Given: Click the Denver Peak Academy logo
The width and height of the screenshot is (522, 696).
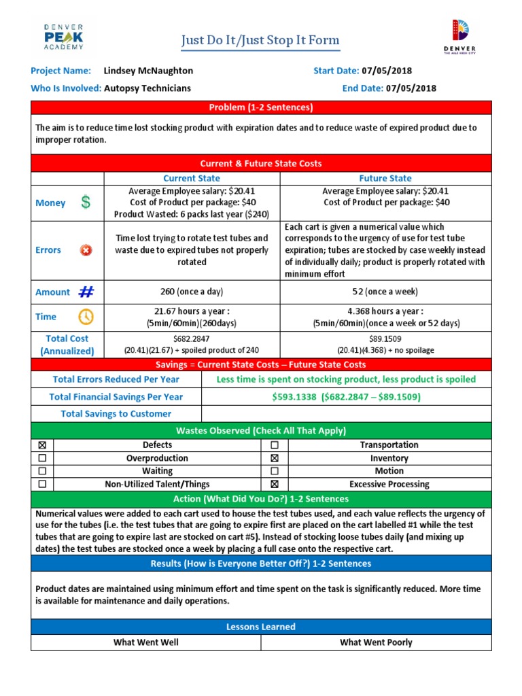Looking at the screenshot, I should (x=63, y=37).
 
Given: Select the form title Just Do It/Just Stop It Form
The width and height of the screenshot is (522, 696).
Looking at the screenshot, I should (x=260, y=41).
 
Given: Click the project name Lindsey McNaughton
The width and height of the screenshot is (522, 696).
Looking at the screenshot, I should (x=148, y=71).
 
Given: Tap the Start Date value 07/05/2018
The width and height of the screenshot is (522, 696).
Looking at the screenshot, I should (x=387, y=71).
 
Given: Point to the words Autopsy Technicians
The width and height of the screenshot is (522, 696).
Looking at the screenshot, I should (x=147, y=88).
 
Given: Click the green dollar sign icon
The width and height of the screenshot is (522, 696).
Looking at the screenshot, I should (x=85, y=203).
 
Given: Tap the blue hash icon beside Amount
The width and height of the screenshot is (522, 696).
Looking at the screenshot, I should (x=86, y=292).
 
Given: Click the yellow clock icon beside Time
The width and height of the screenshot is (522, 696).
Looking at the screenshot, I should (x=86, y=317).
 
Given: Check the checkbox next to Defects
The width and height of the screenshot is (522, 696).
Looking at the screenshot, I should (x=42, y=445).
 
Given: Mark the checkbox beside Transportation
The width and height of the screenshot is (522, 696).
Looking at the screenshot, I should (x=275, y=445).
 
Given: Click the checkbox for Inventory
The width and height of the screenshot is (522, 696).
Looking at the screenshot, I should (x=275, y=458).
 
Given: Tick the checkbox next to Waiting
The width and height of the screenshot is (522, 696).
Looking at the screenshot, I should (x=42, y=471).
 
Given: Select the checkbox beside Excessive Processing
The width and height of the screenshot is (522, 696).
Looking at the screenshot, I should (x=275, y=485).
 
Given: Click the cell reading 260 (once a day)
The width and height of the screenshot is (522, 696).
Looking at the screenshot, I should (x=191, y=292).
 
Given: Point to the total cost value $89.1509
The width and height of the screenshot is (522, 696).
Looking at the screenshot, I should (x=385, y=338).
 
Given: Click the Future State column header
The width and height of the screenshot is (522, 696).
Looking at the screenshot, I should (x=385, y=178).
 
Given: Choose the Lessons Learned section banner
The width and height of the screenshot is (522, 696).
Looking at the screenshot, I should (x=260, y=627).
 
